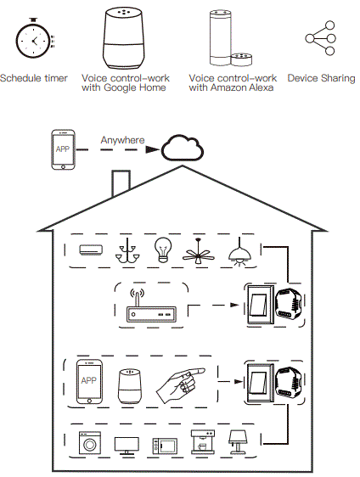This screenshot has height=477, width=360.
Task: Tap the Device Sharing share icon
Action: pos(320,38)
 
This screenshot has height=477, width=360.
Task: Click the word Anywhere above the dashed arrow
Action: pos(123,140)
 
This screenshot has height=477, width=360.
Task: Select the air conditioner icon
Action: pos(91,250)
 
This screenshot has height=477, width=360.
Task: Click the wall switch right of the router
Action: pos(258,305)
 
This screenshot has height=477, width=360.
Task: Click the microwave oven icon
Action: pos(163,446)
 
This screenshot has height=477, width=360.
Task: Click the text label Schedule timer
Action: pos(33,78)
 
